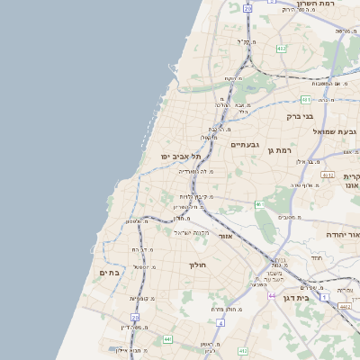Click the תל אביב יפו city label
click(x=181, y=156)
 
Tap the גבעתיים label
click(x=245, y=144)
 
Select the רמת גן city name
click(x=283, y=150)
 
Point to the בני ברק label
click(x=299, y=116)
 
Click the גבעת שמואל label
click(x=335, y=131)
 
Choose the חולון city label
click(x=198, y=265)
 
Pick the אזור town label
click(x=225, y=236)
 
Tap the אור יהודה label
click(x=343, y=234)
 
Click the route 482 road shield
click(x=282, y=48)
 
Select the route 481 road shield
click(x=306, y=99)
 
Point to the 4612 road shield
click(x=327, y=175)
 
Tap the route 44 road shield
click(x=271, y=295)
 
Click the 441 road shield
click(x=168, y=338)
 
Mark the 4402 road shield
click(x=345, y=306)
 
